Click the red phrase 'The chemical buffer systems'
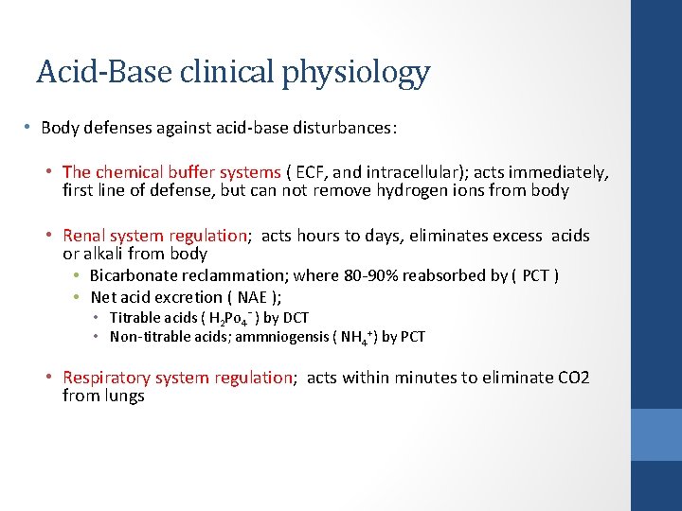[x=171, y=172]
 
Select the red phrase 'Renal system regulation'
[x=154, y=236]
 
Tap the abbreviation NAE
[x=251, y=297]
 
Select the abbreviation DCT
[x=295, y=318]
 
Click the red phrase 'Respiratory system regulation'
[x=178, y=378]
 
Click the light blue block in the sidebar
[x=656, y=434]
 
